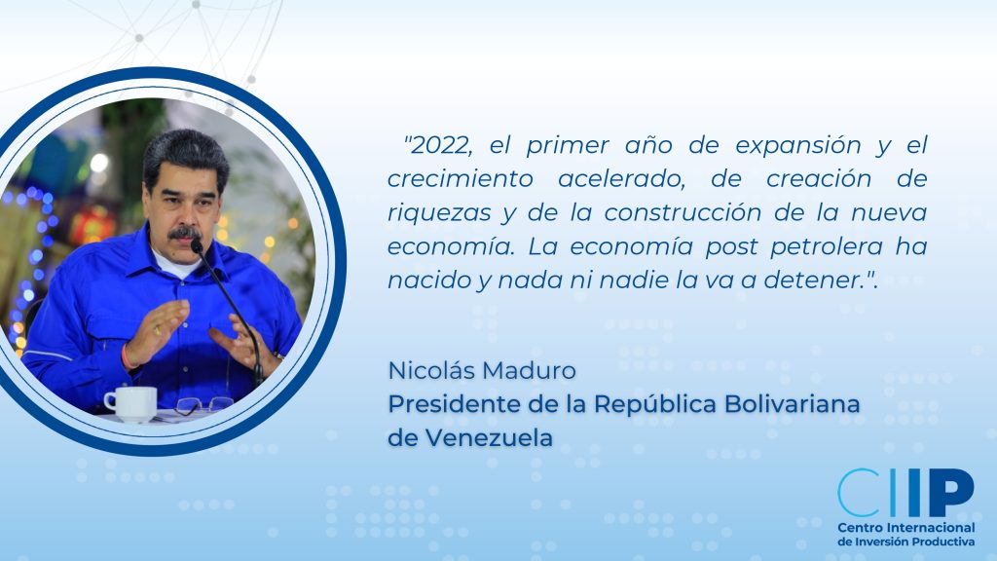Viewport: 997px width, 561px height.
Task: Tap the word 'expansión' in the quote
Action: (x=797, y=147)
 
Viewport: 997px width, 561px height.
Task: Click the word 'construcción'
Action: (x=683, y=212)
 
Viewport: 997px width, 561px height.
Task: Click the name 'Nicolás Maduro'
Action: (x=482, y=370)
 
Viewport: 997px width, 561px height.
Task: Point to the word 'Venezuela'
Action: (x=489, y=437)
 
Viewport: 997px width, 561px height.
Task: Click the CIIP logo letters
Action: (x=906, y=492)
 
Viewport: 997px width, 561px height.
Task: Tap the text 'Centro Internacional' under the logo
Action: (x=906, y=528)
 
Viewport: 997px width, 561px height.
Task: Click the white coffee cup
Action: (x=131, y=403)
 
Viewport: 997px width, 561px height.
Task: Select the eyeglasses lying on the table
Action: (x=203, y=405)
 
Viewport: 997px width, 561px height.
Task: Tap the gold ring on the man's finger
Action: (x=157, y=330)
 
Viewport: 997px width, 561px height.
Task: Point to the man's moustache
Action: (x=184, y=233)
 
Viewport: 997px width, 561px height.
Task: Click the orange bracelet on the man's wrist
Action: (x=126, y=357)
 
